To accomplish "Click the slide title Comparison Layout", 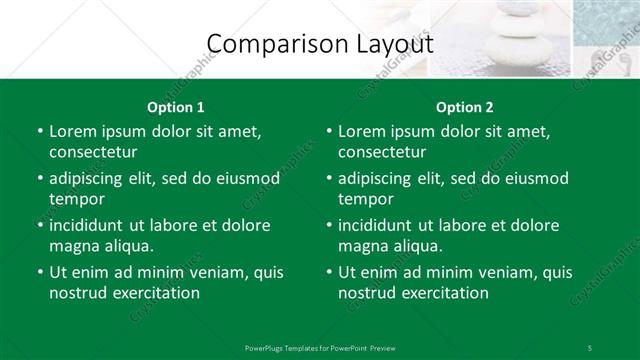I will (319, 44).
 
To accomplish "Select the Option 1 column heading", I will (175, 107).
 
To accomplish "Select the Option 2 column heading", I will (465, 107).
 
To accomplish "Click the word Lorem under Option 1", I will (73, 131).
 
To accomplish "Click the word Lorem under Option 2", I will (363, 131).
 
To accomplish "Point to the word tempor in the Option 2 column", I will (366, 199).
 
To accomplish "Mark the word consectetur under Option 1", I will (93, 152).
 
